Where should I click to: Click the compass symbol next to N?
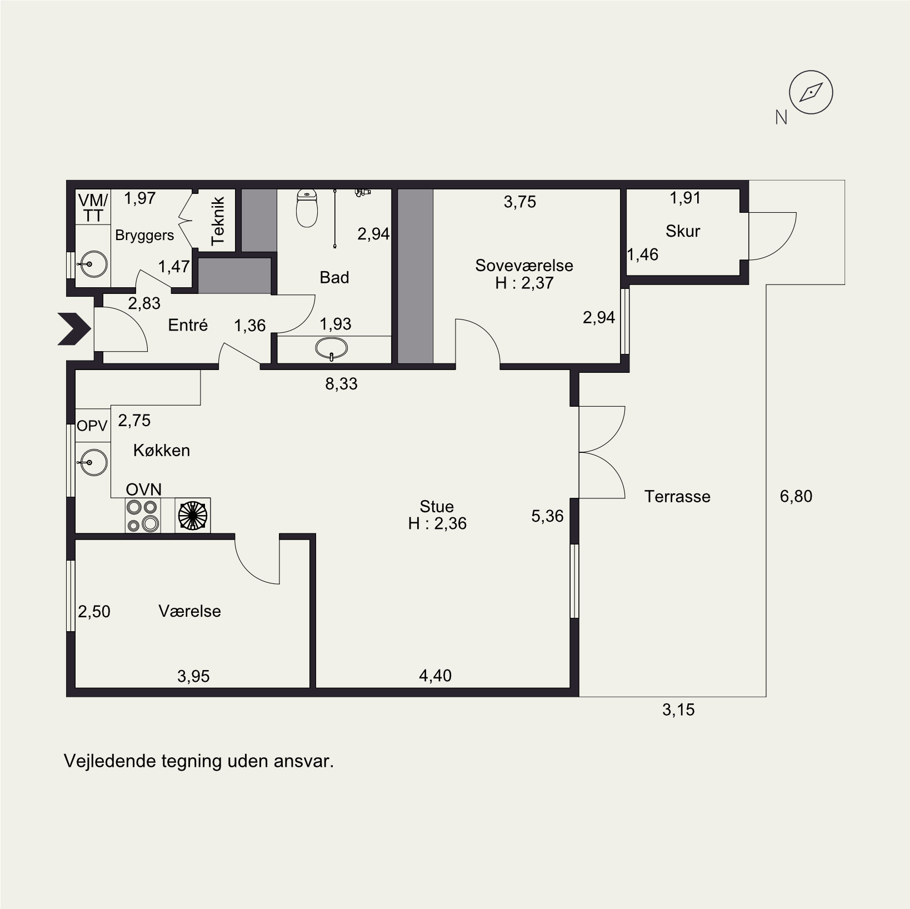[811, 93]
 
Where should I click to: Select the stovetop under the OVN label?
[143, 516]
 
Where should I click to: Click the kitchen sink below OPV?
[93, 461]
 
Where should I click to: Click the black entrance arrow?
[74, 329]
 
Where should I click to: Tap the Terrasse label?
[677, 496]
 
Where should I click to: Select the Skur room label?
[683, 231]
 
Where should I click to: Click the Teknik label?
[218, 221]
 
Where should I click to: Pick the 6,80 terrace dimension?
[796, 496]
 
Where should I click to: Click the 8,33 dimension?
[341, 383]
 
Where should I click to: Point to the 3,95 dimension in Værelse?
[193, 676]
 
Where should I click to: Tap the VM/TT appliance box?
[93, 208]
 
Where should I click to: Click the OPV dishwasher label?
[92, 426]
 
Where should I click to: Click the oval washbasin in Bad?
[332, 349]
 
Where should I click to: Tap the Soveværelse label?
[524, 266]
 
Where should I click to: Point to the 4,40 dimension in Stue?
[435, 676]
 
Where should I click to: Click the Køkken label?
[162, 450]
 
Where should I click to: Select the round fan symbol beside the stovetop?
[192, 516]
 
